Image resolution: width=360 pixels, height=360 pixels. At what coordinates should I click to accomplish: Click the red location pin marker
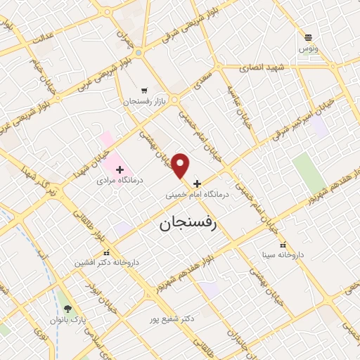[181, 165]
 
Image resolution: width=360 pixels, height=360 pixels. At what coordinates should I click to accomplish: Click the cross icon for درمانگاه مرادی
[120, 169]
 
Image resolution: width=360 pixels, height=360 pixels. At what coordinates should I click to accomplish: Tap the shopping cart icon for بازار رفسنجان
[144, 90]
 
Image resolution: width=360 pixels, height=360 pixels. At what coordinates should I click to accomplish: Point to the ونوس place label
[309, 49]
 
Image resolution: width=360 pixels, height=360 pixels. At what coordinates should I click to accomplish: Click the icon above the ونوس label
[309, 37]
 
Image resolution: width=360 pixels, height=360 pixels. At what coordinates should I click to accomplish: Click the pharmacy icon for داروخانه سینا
[282, 245]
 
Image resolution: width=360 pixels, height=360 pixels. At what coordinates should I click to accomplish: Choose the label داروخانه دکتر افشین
[108, 262]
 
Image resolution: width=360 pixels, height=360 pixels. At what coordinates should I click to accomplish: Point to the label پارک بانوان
[67, 320]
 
